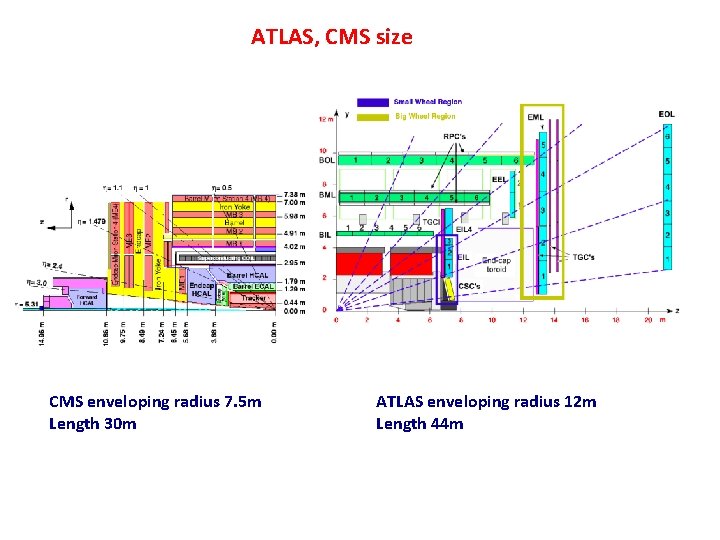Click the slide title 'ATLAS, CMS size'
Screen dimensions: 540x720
tap(331, 38)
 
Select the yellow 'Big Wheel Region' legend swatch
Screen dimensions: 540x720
tap(373, 116)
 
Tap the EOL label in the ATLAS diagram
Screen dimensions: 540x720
tap(666, 114)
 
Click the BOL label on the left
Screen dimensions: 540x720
tap(326, 160)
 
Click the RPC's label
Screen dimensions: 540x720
tap(455, 136)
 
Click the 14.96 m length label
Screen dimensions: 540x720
tap(42, 334)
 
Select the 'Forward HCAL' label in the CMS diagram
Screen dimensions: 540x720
tap(89, 299)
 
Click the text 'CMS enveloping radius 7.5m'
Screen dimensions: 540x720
tap(155, 402)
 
